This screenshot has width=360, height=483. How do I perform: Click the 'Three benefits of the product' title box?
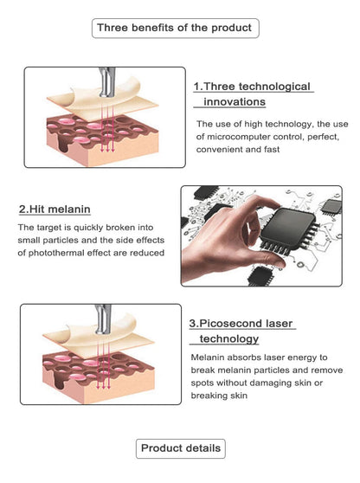[175, 28]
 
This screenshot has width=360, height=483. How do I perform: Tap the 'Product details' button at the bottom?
[181, 448]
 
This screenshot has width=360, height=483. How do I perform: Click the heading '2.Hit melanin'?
[55, 209]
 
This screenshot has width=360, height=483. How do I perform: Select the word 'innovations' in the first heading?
[235, 101]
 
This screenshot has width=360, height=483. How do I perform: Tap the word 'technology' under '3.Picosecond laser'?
[229, 338]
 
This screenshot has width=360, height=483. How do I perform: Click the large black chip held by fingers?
[290, 228]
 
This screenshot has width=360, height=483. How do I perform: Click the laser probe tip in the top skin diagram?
[106, 93]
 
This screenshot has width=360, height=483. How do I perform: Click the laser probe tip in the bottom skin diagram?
[103, 330]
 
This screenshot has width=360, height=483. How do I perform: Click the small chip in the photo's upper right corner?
[331, 207]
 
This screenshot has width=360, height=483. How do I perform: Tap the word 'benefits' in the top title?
[138, 28]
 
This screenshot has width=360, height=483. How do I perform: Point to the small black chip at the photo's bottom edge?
[260, 276]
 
